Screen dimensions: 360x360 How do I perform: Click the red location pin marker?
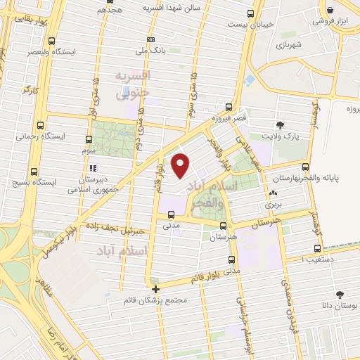(181, 165)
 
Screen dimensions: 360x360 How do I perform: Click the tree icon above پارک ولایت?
(280, 125)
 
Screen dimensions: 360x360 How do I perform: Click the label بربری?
(272, 205)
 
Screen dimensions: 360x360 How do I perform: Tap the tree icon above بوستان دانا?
(340, 295)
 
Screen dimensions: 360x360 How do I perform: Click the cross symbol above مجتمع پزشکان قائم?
(155, 288)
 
